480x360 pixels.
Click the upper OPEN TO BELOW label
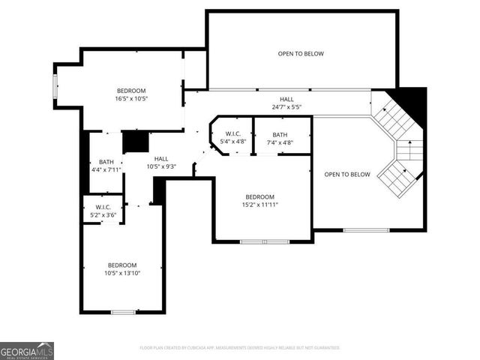(x=301, y=53)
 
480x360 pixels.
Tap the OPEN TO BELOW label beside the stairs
(x=347, y=175)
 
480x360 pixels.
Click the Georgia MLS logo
(x=27, y=351)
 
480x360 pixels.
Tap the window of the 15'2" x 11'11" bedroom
(x=264, y=241)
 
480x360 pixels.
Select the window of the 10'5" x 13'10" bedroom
(x=122, y=311)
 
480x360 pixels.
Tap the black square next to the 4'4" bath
(x=135, y=141)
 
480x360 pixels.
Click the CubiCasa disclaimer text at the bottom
(x=240, y=348)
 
